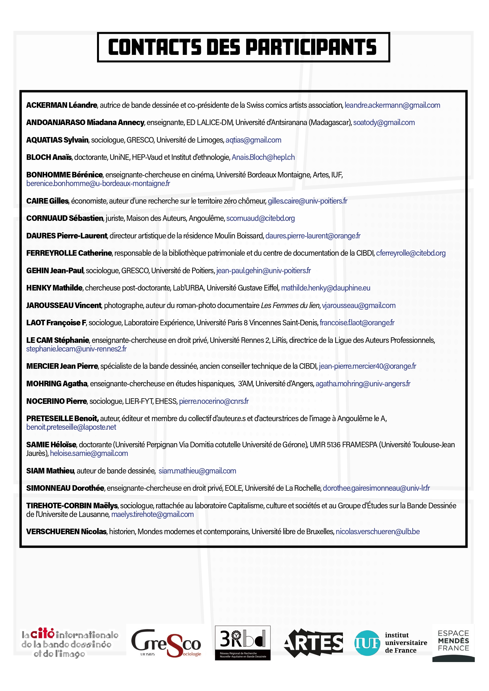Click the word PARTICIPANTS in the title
coord(311,47)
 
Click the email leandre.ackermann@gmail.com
coord(392,105)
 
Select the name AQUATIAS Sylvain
coord(57,140)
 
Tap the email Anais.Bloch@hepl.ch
coord(263,157)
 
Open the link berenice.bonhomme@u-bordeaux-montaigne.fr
coord(98,184)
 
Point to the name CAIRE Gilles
coord(47,201)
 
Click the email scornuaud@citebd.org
coord(260,218)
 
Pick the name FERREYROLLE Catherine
coord(69,253)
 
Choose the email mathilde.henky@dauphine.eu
coord(325,288)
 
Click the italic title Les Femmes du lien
coord(290,306)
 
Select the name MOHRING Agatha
coord(57,384)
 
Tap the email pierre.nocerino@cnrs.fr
coord(214,401)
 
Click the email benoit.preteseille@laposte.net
coord(71,427)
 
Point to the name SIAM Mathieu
coord(50,471)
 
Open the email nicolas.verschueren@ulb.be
coord(377,532)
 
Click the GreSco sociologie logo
coord(166,643)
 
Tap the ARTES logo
coord(313,643)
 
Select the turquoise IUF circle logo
coord(367,643)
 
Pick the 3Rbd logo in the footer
coord(243,643)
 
